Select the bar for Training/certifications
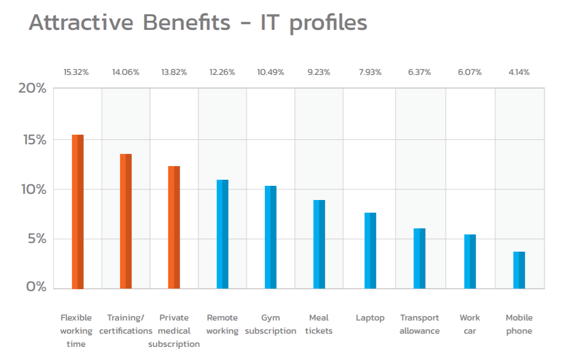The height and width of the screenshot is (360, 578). click(126, 221)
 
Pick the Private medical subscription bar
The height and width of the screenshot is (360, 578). click(174, 227)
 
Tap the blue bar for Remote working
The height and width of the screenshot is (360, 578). click(222, 234)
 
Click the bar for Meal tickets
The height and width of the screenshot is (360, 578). click(319, 244)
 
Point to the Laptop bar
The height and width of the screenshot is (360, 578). click(370, 251)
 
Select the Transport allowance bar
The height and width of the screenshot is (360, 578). click(419, 258)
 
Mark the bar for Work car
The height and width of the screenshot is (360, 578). click(470, 261)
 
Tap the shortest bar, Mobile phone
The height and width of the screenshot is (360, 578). click(519, 270)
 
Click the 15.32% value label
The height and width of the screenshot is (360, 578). click(76, 72)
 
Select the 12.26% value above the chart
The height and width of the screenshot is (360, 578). click(222, 72)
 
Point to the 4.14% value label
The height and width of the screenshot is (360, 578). click(519, 72)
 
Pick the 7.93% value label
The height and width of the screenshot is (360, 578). click(370, 72)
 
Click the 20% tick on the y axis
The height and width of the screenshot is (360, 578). click(32, 89)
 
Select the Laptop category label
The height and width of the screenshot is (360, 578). click(370, 318)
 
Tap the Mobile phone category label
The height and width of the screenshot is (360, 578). click(519, 324)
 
